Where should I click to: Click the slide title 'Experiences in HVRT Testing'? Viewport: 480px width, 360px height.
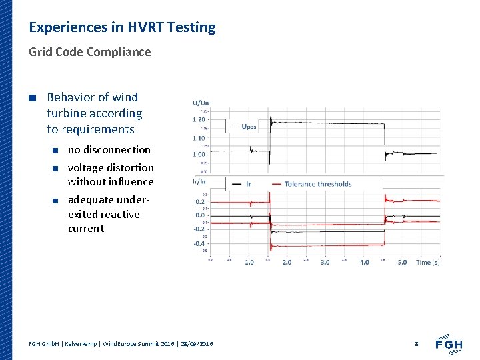click(122, 27)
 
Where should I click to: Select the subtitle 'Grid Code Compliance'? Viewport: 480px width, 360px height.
click(89, 52)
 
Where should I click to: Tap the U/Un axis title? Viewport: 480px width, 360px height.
click(201, 103)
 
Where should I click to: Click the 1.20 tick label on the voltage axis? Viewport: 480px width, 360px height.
click(199, 119)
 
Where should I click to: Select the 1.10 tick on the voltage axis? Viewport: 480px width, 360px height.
click(199, 138)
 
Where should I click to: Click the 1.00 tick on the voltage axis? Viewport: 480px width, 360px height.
click(199, 154)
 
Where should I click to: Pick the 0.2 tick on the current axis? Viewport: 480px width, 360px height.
click(200, 201)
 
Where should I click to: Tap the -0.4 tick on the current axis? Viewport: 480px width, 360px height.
click(199, 243)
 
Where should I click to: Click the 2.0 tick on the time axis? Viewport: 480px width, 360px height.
click(287, 262)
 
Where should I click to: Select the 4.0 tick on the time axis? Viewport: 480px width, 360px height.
click(364, 262)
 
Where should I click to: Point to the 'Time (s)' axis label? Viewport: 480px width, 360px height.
click(428, 262)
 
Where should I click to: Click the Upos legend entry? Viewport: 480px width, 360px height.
click(248, 127)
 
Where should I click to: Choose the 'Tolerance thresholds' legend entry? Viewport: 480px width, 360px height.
click(317, 184)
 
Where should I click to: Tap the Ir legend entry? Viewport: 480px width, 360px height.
click(248, 184)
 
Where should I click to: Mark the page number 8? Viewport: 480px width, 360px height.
click(416, 343)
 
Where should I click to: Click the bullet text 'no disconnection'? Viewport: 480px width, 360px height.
click(109, 149)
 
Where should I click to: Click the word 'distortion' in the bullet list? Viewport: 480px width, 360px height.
click(129, 167)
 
